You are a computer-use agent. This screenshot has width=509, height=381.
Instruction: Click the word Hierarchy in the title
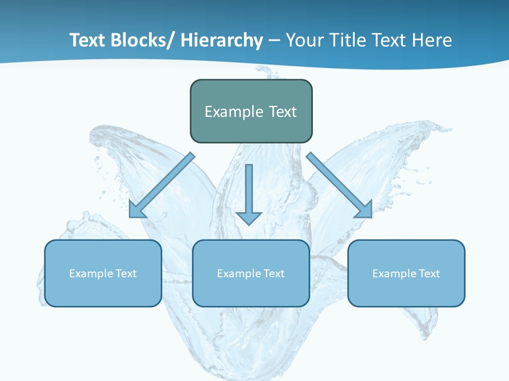pyautogui.click(x=222, y=40)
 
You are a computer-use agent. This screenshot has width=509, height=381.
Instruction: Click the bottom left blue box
pyautogui.click(x=103, y=291)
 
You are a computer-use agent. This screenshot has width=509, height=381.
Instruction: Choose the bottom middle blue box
pyautogui.click(x=251, y=291)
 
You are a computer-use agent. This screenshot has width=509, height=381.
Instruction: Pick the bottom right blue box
pyautogui.click(x=406, y=291)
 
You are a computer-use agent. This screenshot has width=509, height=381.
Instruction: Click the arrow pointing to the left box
pyautogui.click(x=162, y=185)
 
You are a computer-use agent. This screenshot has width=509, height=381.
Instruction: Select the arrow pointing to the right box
pyautogui.click(x=339, y=185)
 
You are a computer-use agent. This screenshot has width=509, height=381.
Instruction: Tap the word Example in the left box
pyautogui.click(x=91, y=274)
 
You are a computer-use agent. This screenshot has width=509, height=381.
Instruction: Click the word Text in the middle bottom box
pyautogui.click(x=273, y=274)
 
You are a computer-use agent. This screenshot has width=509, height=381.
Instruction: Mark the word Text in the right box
pyautogui.click(x=428, y=274)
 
